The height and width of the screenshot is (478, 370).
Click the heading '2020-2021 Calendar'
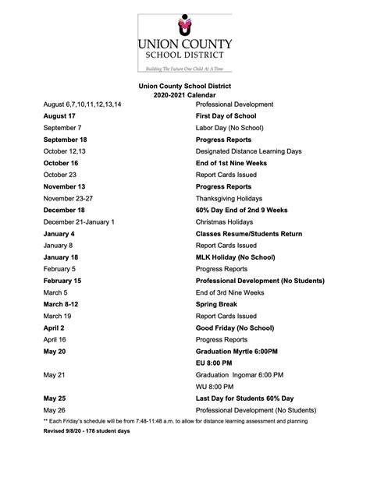click(185, 94)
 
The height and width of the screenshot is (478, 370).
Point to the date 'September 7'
click(62, 127)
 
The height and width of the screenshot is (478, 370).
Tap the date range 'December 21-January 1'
click(79, 222)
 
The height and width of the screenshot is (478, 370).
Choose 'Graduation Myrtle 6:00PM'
click(237, 352)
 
